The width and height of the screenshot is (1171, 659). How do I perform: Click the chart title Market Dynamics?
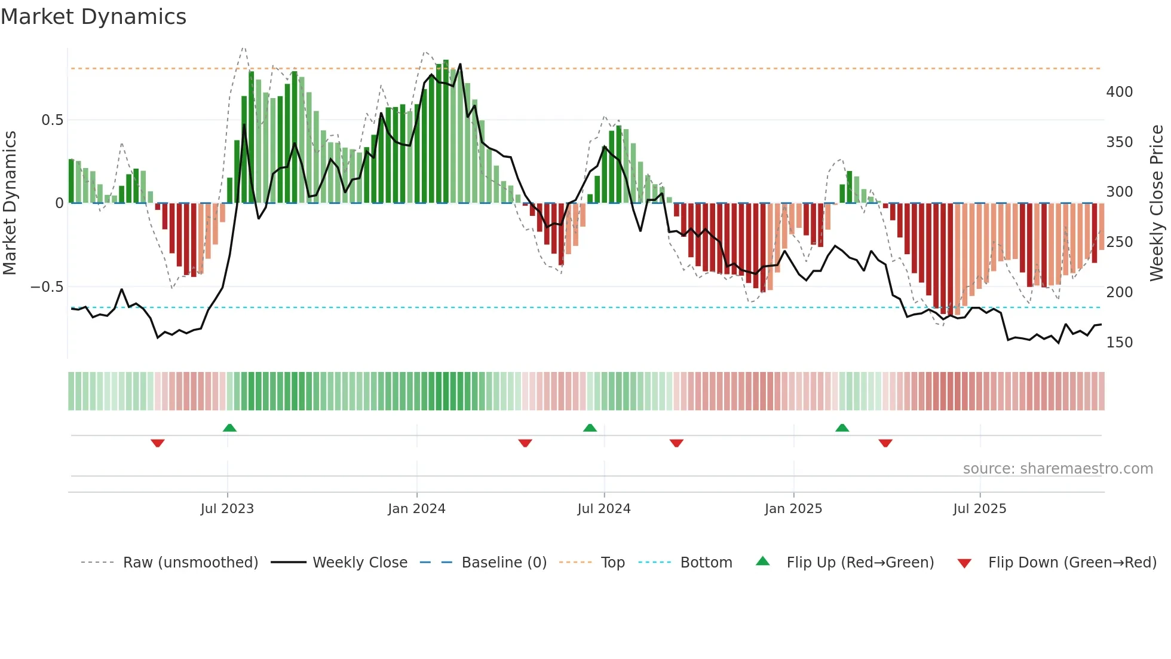(x=93, y=17)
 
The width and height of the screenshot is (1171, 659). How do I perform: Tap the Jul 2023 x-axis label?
(x=227, y=509)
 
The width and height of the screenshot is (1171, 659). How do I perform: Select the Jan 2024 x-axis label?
(x=416, y=509)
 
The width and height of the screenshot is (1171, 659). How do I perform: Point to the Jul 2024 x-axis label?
(x=604, y=509)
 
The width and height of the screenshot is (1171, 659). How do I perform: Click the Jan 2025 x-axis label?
(x=793, y=509)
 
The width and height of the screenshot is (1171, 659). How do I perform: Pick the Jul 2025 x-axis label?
(x=980, y=509)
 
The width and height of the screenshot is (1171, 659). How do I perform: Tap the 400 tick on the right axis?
(x=1119, y=92)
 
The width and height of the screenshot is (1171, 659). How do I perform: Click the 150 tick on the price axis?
(x=1119, y=343)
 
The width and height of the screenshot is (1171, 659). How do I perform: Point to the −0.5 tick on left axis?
(x=47, y=287)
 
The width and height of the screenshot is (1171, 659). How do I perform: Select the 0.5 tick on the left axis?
(x=52, y=120)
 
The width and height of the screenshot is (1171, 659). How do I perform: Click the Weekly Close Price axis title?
(x=1157, y=203)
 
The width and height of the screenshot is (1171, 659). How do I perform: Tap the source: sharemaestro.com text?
(x=1057, y=469)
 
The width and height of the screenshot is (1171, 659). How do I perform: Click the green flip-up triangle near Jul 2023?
(x=229, y=428)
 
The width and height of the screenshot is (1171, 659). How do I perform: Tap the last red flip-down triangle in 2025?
(x=885, y=443)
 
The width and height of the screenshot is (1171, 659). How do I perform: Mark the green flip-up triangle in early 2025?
(x=842, y=428)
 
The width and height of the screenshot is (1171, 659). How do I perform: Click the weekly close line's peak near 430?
(x=460, y=65)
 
